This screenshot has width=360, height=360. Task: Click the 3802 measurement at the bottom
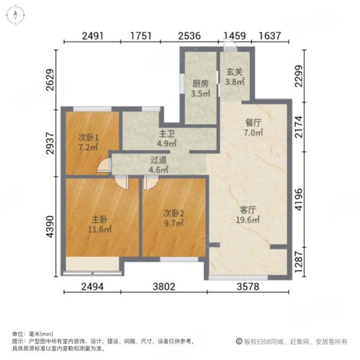[163, 287]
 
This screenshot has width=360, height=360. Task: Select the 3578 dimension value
[248, 287]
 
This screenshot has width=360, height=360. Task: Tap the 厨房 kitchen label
[200, 85]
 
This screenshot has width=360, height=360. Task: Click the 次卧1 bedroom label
[89, 136]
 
